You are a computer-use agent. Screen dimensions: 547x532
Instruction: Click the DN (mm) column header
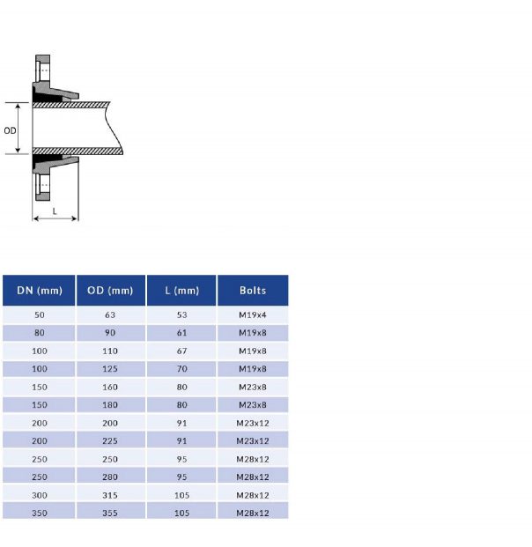pos(39,291)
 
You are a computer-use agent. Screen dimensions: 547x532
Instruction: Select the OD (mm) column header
pos(110,291)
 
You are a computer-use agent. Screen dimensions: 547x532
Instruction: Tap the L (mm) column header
pos(181,291)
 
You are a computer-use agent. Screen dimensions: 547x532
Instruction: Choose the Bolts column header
pos(252,291)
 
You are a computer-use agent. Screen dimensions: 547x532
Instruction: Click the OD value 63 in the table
pos(110,315)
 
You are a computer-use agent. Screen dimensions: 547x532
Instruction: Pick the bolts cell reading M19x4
pos(252,315)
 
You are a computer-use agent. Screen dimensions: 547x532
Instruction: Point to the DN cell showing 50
pos(39,315)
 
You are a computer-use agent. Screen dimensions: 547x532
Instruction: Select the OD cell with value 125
pos(110,369)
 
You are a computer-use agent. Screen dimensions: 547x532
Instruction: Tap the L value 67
pos(181,351)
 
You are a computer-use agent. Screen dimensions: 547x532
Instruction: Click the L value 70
pos(181,369)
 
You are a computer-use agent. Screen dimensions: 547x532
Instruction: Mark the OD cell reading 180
pos(110,405)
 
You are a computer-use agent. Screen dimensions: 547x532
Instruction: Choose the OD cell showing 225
pos(110,440)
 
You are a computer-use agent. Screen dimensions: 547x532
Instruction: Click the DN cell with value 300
pos(39,494)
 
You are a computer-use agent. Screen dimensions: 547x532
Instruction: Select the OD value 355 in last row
pos(110,512)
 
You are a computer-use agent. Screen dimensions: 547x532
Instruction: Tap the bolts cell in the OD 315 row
pos(252,494)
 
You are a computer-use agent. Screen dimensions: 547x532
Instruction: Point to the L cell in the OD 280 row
pos(181,477)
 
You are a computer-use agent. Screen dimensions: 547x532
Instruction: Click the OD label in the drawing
pos(10,129)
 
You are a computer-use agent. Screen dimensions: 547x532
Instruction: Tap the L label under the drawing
pos(55,211)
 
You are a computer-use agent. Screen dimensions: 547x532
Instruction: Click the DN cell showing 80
pos(39,333)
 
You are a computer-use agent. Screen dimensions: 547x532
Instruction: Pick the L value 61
pos(181,333)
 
